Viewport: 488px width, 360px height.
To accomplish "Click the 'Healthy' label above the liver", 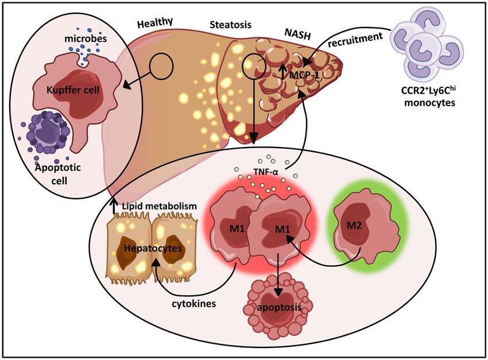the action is coord(155,23).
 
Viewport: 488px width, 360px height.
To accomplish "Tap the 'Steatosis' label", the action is coord(231,25).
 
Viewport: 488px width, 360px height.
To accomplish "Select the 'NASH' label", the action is coord(298,34).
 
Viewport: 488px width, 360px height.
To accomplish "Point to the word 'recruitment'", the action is coord(355,40).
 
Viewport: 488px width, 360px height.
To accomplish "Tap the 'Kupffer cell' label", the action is coord(73,90).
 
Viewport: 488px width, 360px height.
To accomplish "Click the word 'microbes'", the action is coord(86,38).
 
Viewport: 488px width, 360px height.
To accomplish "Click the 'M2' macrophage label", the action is coord(354,225).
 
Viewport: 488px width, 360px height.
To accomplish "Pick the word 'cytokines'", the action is coord(194,303).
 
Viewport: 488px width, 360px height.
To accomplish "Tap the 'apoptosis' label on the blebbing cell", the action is coord(279,308).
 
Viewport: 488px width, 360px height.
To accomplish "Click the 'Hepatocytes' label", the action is coord(153,248).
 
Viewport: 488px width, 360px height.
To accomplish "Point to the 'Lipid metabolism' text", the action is coord(160,206).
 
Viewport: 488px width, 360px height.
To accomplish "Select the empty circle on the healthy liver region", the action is coord(161,67).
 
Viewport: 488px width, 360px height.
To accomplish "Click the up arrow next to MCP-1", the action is coord(282,71).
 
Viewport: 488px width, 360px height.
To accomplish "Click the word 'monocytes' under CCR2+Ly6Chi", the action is coord(429,103).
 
